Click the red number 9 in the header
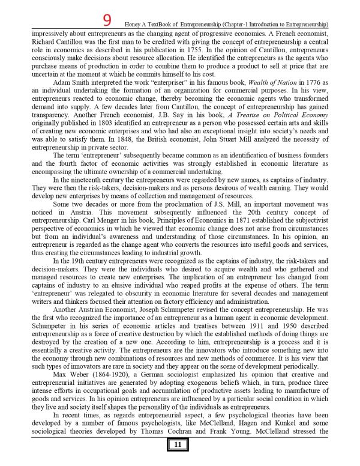pyautogui.click(x=107, y=20)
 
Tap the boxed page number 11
pyautogui.click(x=178, y=445)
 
